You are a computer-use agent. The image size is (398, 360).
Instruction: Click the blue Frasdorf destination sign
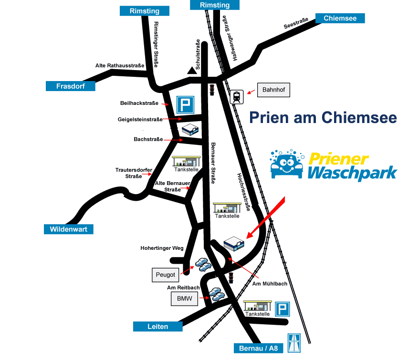pyautogui.click(x=70, y=86)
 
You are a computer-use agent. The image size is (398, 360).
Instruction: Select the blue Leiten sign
pyautogui.click(x=158, y=327)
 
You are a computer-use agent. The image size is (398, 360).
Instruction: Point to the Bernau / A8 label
pyautogui.click(x=259, y=349)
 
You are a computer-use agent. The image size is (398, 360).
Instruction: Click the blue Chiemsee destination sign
pyautogui.click(x=339, y=19)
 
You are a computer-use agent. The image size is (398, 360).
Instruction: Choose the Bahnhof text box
pyautogui.click(x=274, y=90)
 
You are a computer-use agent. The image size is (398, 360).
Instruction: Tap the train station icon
pyautogui.click(x=237, y=97)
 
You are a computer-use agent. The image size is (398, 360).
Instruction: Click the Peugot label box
pyautogui.click(x=166, y=275)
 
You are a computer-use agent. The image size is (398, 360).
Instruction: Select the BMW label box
pyautogui.click(x=184, y=299)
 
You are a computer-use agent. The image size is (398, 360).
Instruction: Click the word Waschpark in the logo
pyautogui.click(x=352, y=173)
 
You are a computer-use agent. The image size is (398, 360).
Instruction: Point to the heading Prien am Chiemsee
pyautogui.click(x=323, y=117)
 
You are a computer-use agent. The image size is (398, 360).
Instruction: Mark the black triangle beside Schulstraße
pyautogui.click(x=192, y=71)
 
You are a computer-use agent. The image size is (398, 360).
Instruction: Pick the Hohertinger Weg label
pyautogui.click(x=162, y=248)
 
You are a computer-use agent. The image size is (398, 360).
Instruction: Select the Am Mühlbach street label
pyautogui.click(x=269, y=284)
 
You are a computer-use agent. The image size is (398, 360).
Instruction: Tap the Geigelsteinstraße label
pyautogui.click(x=140, y=120)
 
